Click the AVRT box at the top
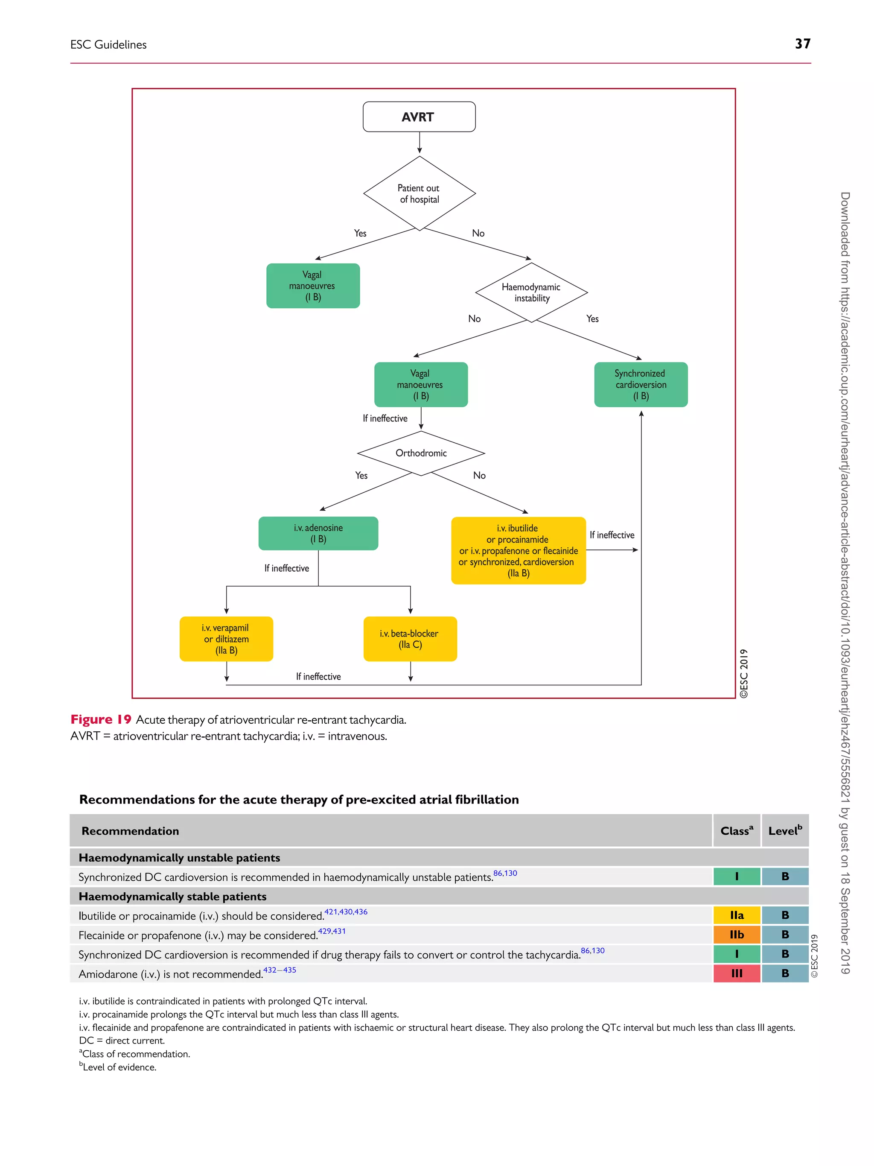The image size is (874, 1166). [x=419, y=117]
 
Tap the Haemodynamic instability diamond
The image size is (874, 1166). [x=531, y=292]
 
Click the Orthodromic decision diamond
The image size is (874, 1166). [x=420, y=453]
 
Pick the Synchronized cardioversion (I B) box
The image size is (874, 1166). [x=641, y=384]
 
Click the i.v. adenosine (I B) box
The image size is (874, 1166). [x=318, y=533]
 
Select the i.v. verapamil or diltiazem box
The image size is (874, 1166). [x=226, y=638]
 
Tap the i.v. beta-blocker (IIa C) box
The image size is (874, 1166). [x=410, y=638]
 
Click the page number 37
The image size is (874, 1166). [x=802, y=44]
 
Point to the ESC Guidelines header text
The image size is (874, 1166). [x=108, y=45]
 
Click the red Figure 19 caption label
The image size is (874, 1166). [x=101, y=719]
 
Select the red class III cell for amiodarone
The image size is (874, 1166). [x=737, y=973]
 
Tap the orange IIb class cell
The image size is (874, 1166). [x=737, y=935]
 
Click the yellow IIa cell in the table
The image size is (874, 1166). [x=737, y=915]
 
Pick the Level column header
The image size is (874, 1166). [x=784, y=831]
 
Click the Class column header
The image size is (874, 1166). [x=736, y=831]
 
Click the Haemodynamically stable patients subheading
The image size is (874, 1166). [x=172, y=896]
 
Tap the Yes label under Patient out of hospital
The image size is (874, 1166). [x=360, y=233]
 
